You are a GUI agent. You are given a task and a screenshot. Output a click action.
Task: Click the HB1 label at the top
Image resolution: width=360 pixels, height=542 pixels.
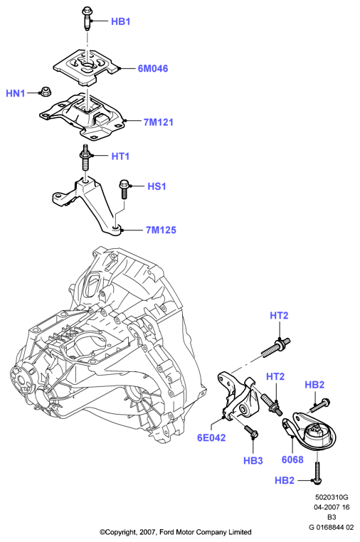[121, 21]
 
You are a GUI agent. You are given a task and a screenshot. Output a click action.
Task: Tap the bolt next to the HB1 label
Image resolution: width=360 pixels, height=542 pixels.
[87, 19]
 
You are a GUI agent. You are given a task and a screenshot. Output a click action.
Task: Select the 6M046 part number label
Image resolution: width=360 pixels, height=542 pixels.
[153, 68]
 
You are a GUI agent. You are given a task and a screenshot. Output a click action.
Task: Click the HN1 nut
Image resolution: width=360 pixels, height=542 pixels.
[44, 92]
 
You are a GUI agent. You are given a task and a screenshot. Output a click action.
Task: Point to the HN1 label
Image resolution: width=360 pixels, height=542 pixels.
[16, 93]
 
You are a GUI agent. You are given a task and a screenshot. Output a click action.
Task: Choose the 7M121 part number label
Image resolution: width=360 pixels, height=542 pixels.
[159, 122]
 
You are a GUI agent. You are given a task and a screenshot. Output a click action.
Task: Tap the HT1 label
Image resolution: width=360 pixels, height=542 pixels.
[120, 156]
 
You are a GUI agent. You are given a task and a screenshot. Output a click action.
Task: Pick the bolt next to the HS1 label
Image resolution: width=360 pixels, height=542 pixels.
[124, 188]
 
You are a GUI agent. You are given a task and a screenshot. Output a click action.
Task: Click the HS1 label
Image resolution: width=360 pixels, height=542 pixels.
[157, 186]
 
